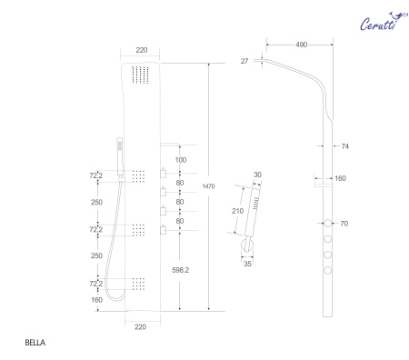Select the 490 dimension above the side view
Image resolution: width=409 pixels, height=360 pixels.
(294, 44)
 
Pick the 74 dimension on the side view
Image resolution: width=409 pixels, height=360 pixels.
(344, 145)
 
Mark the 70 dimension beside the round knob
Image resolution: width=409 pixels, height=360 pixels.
(344, 222)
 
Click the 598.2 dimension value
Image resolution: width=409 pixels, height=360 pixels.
(182, 268)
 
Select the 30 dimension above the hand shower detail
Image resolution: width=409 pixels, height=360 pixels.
(258, 175)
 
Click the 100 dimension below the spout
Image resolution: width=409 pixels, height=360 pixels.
(182, 159)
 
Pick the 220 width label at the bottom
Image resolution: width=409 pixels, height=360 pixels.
(139, 325)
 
